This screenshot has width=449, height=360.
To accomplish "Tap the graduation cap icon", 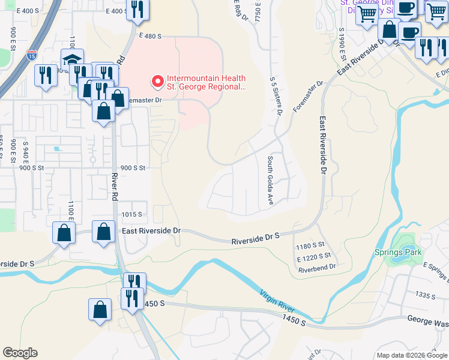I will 71,60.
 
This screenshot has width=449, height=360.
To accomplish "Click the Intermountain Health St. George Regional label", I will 206,82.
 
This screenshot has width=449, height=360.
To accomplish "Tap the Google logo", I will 20,353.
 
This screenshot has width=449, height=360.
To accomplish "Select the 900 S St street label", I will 133,168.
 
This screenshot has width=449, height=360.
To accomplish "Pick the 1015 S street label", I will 131,214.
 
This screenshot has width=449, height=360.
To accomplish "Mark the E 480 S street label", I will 148,37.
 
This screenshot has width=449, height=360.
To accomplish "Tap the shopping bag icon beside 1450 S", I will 100,310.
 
